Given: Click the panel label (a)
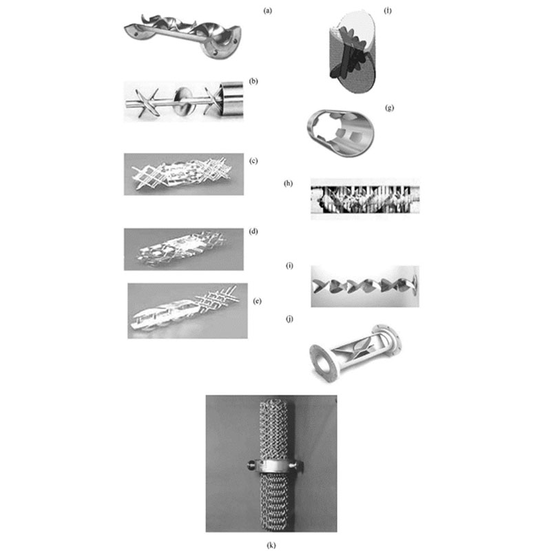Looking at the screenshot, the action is (268, 10).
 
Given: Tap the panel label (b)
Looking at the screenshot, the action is (253, 81).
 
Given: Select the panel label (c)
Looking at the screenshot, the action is (253, 161).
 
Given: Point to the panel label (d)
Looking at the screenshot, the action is (253, 231).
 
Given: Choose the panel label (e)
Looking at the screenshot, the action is (257, 301).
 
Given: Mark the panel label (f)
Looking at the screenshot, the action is (388, 10).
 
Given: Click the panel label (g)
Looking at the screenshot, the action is (389, 108).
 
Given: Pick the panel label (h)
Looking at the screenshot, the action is (288, 183).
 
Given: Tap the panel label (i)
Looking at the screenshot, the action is (289, 266).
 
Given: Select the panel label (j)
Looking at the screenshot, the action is (289, 319).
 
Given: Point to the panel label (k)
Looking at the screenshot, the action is (271, 545).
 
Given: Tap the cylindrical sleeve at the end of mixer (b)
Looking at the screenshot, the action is (231, 98).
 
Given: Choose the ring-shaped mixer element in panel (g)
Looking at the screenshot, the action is (340, 133).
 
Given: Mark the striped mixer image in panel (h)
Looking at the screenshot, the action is (365, 199).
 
